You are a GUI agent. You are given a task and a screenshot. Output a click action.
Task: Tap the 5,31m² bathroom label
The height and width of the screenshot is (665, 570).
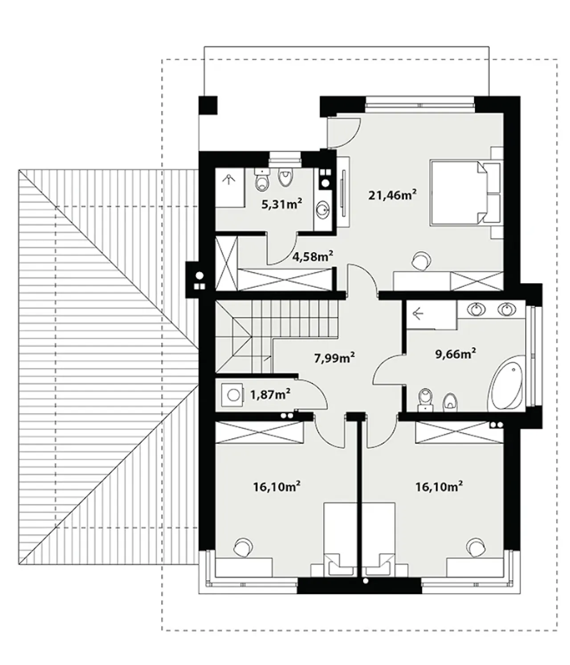281,204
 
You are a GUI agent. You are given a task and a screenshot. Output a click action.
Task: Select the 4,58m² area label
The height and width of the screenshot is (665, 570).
312,256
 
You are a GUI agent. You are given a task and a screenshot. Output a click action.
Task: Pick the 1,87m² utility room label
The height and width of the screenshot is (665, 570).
270,394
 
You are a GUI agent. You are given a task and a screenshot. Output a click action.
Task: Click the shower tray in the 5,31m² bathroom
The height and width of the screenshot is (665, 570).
230,187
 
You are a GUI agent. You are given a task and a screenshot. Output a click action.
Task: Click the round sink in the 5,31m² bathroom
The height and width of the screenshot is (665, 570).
322,211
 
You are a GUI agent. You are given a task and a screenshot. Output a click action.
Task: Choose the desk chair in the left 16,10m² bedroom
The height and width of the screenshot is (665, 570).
243,547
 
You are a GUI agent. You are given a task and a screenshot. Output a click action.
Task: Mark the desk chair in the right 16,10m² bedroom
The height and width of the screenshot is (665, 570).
476,547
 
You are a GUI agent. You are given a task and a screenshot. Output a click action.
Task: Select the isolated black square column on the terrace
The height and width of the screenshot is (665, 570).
208,105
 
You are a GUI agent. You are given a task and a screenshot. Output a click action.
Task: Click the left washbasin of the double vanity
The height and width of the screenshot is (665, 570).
478,310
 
